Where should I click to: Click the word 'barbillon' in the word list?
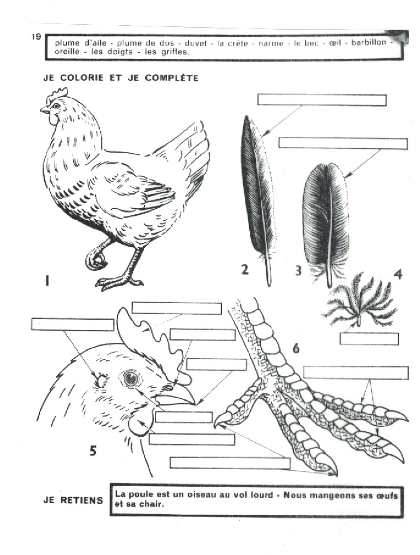tap(368, 42)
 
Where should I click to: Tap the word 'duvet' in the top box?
tap(196, 43)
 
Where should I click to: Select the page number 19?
tap(37, 36)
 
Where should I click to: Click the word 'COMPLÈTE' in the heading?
tap(171, 78)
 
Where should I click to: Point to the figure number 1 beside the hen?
tap(47, 281)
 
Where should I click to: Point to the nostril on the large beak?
tap(168, 387)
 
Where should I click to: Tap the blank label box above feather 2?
tap(322, 100)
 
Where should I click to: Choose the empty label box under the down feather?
tap(369, 339)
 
